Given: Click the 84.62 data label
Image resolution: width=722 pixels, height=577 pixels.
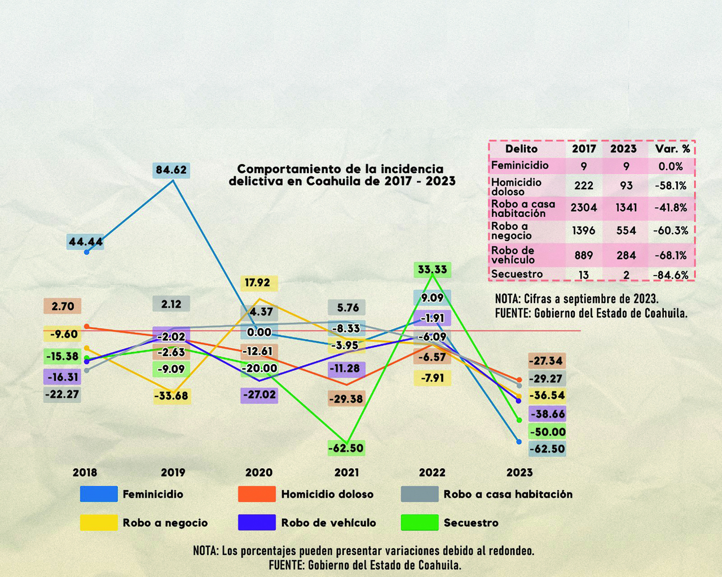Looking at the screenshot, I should tap(171, 170).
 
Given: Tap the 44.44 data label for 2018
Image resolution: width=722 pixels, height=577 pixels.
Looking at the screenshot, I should tap(85, 242).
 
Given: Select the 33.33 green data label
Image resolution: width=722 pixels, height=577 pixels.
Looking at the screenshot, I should tap(432, 269).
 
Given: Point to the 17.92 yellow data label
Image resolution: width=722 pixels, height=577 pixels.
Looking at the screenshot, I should tap(259, 283).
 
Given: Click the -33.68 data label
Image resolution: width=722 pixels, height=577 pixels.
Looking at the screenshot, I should tap(171, 396).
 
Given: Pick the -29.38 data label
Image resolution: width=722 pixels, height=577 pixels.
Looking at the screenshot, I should tap(346, 399).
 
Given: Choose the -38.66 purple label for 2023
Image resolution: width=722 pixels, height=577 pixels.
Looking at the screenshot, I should tap(547, 414).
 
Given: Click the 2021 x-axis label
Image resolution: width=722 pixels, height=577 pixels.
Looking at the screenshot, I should tap(346, 473).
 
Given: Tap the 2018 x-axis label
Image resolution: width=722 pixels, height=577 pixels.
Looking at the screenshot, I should tap(85, 473).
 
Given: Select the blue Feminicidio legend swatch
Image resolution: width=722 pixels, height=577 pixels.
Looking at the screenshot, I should tap(99, 494).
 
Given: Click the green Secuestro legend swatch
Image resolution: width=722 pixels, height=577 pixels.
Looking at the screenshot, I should tap(420, 522).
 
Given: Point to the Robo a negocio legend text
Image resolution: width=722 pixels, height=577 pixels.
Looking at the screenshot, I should tap(165, 523).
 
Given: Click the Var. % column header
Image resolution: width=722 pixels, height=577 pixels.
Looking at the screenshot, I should tap(672, 149).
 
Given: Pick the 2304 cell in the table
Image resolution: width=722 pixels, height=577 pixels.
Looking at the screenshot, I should tap(583, 207).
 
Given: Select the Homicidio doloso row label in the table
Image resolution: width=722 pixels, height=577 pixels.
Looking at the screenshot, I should tap(516, 187).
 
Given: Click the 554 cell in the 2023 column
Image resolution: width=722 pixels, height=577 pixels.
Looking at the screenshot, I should tap(626, 230).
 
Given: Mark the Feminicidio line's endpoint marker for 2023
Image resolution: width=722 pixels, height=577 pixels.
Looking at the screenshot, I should tap(519, 442).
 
